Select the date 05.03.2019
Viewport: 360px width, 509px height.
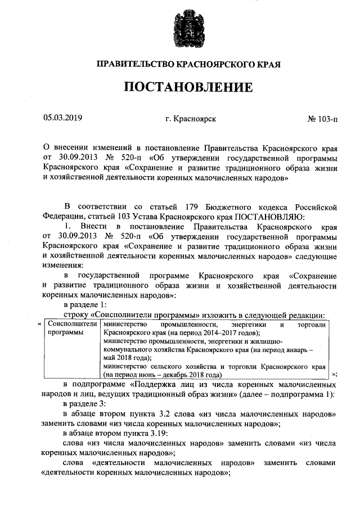click(x=63, y=118)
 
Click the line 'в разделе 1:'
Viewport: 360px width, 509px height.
click(x=84, y=304)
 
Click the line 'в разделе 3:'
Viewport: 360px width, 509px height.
click(x=84, y=404)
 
